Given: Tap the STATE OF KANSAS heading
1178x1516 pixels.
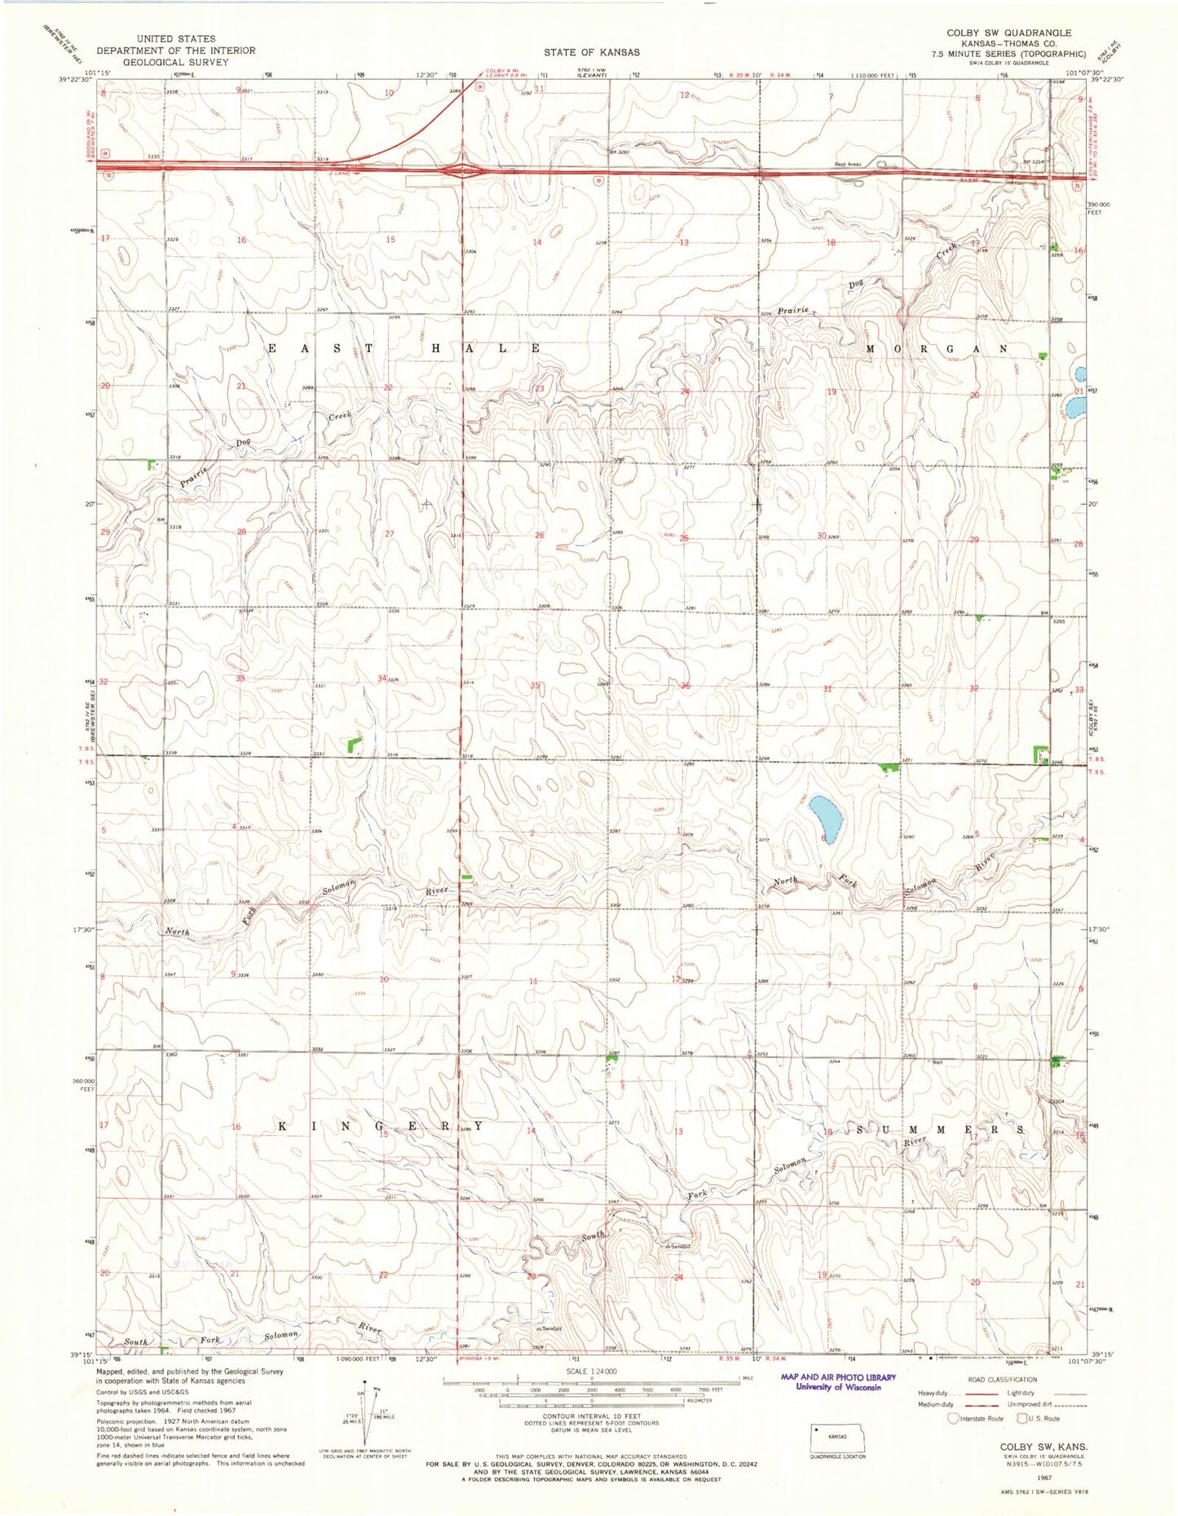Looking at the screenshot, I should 592,52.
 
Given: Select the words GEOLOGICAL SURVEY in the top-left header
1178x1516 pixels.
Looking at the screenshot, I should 177,61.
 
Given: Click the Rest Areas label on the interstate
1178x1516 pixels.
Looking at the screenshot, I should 848,165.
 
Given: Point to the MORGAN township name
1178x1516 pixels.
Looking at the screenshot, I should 937,348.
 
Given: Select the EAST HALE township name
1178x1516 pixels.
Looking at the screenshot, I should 404,348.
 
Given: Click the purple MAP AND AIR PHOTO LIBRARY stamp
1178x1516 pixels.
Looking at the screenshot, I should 838,1377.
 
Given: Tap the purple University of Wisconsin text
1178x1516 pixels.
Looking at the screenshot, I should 838,1387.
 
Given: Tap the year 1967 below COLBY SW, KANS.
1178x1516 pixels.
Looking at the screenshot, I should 1043,1474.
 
